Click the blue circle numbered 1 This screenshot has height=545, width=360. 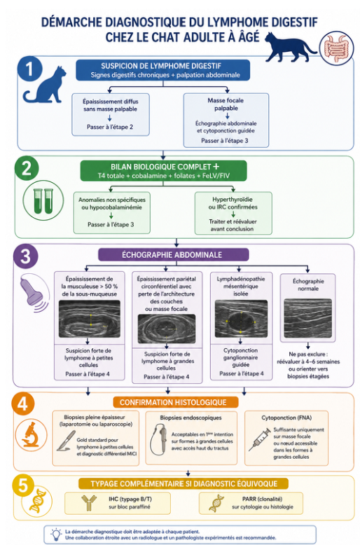pos(29,69)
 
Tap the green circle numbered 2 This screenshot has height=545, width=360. pos(27,168)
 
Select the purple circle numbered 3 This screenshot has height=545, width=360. pos(25,256)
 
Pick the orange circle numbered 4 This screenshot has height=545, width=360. pos(23,405)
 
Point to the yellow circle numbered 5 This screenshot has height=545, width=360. pos(23,485)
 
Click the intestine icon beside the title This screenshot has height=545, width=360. pos(336,48)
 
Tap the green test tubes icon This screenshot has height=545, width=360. pos(43,200)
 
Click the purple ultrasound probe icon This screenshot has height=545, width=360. pos(33,291)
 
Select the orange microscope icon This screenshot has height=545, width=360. pos(31,435)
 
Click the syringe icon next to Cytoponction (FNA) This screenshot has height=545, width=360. pos(260,439)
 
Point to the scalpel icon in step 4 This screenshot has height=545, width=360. pos(66,441)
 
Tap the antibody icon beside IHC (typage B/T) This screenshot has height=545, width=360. pos(88,503)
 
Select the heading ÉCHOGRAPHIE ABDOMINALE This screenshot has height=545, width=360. pos(172,255)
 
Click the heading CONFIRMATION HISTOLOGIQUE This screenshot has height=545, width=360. pos(173,403)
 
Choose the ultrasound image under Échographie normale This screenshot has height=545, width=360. pos(308,318)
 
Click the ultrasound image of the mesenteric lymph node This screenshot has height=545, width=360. pos(241,319)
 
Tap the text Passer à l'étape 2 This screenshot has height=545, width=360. pos(110,127)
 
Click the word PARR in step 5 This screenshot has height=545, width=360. pos(249,499)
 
